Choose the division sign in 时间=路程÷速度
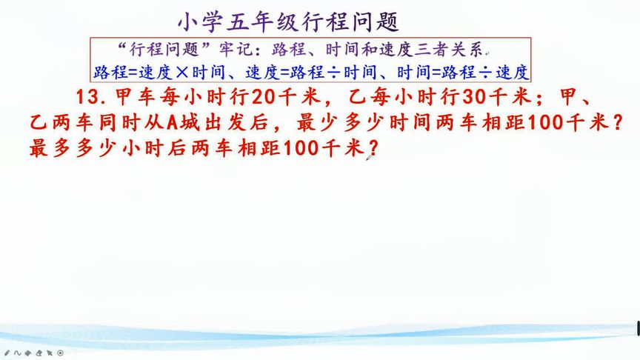[x=484, y=72]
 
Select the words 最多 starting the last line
[x=50, y=148]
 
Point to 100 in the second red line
[x=544, y=123]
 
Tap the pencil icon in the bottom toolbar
[x=7, y=353]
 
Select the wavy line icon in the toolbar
[x=17, y=353]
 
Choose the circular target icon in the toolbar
[x=60, y=353]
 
